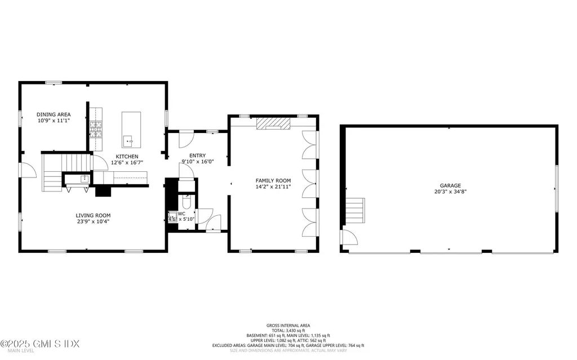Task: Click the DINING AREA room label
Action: (54, 114)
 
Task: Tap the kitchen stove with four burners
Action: (96, 129)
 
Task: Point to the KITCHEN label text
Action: (127, 157)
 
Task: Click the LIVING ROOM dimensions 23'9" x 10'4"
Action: (93, 222)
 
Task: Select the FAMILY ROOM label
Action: (273, 180)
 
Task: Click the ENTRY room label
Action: (197, 156)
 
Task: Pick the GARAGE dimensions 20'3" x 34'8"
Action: (450, 192)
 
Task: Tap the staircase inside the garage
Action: (355, 211)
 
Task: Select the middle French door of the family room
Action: (309, 181)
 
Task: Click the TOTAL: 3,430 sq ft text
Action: (288, 330)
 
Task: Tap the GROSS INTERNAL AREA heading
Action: (288, 325)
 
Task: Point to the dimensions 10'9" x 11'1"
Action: (54, 120)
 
